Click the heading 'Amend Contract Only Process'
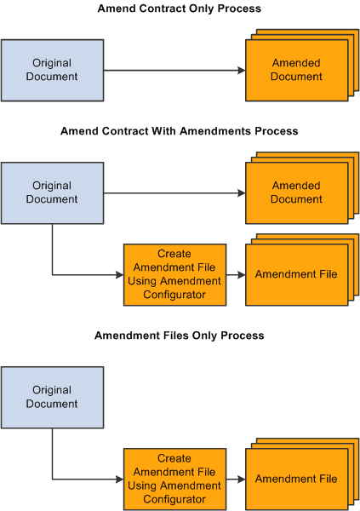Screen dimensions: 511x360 click(x=180, y=9)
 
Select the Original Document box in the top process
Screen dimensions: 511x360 click(x=53, y=70)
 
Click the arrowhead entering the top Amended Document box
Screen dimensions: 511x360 click(x=241, y=70)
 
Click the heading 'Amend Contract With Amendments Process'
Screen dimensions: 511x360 click(x=180, y=131)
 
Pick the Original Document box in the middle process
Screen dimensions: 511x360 click(x=53, y=192)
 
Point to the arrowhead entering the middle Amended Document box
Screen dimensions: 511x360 click(x=241, y=192)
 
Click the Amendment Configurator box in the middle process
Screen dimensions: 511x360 click(x=174, y=274)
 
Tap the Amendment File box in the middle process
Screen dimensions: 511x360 click(x=295, y=274)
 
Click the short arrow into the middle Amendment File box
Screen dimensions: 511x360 click(x=236, y=274)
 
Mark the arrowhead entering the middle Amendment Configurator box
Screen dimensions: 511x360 click(x=119, y=274)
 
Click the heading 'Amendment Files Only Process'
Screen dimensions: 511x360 click(x=180, y=336)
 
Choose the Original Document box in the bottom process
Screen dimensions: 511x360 click(x=53, y=397)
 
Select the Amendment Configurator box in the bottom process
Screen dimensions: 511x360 click(x=174, y=479)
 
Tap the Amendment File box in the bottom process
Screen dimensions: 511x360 click(x=295, y=479)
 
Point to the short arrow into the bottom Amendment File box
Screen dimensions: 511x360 click(x=236, y=479)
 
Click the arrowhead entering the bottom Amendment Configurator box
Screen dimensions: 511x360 click(x=119, y=479)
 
